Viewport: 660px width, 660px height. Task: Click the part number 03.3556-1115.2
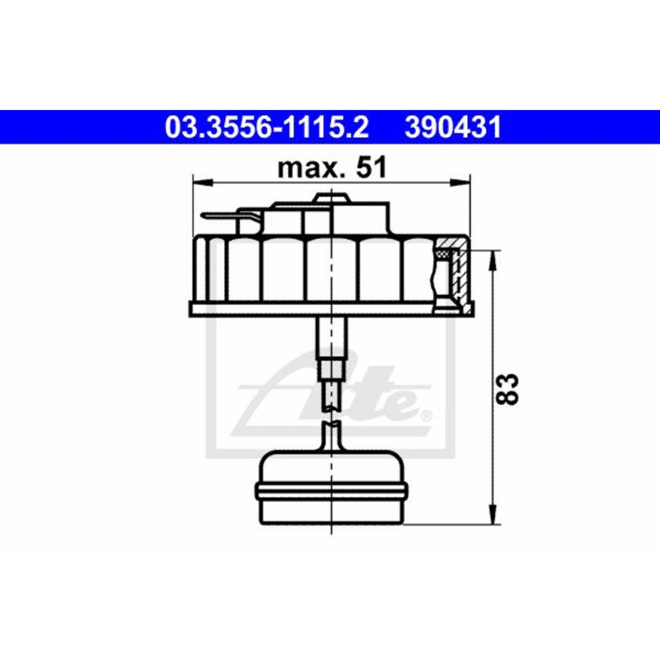pos(266,127)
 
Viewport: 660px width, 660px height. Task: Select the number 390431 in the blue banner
pos(453,127)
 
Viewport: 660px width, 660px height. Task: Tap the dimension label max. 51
pos(332,168)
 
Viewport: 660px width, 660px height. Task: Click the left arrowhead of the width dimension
pos(203,183)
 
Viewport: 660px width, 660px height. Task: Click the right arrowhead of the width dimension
pos(460,183)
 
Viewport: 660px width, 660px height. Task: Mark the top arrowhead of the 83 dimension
pos(493,261)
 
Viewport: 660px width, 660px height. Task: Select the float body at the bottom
pos(331,494)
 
